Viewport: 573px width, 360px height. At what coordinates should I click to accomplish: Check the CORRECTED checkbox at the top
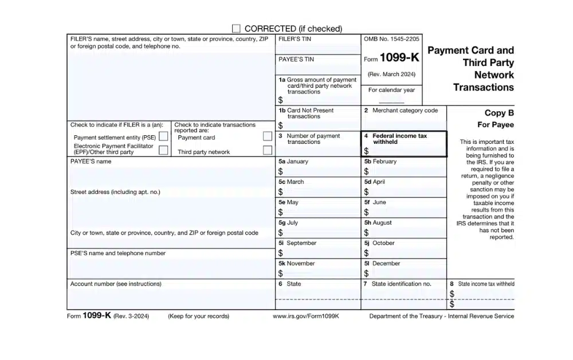pos(236,28)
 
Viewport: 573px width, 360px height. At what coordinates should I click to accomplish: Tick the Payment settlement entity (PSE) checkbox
pos(163,137)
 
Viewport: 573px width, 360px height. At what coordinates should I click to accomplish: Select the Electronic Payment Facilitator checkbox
pos(163,150)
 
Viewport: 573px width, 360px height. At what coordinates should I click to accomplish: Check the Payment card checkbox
pos(267,136)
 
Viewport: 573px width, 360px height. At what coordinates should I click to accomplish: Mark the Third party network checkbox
pos(267,150)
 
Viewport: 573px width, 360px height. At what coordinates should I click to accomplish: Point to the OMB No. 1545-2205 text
pos(391,40)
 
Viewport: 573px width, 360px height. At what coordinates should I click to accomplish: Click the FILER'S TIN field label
pos(295,40)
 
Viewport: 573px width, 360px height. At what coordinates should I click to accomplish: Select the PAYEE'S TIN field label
pos(296,59)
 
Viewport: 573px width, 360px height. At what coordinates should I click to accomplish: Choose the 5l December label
pos(382,264)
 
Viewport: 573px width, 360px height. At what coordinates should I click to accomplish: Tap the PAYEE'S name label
pos(91,162)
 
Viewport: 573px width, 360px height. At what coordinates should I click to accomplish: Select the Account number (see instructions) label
pos(116,284)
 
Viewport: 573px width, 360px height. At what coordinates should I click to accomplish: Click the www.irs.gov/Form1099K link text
pos(306,316)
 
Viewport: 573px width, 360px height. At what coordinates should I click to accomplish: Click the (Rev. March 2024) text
pos(391,75)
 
